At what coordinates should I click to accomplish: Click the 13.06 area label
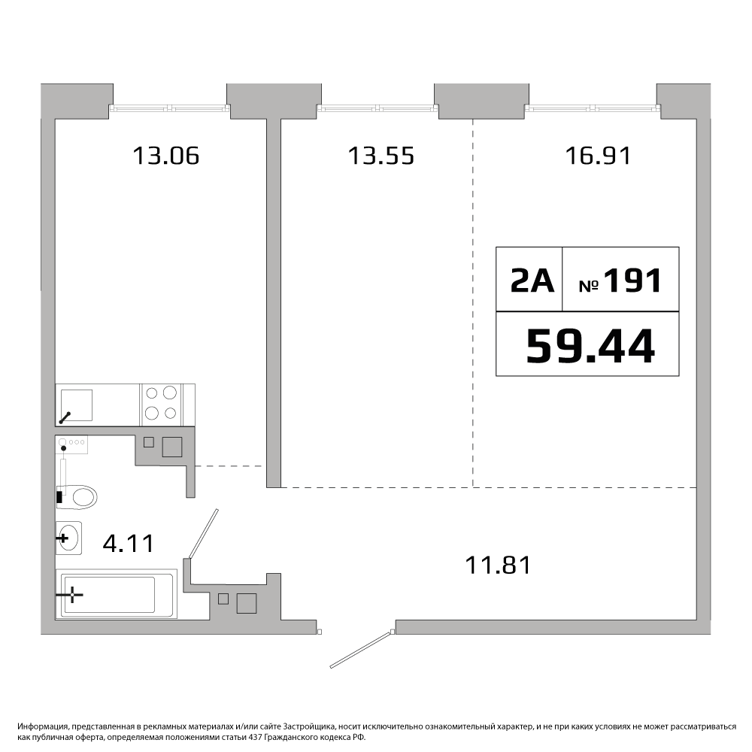165,156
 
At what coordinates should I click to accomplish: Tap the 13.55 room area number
381,156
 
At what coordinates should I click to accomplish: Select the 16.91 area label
598,156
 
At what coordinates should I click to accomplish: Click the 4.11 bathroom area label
129,544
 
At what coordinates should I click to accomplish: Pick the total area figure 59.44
590,346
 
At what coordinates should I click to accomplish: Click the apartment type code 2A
532,280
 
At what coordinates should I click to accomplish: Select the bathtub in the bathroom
117,594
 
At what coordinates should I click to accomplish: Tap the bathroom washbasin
68,538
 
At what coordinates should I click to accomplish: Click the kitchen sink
76,405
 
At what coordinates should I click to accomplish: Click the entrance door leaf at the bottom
362,649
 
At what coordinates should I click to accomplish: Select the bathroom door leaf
204,533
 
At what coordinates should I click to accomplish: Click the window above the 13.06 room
170,109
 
